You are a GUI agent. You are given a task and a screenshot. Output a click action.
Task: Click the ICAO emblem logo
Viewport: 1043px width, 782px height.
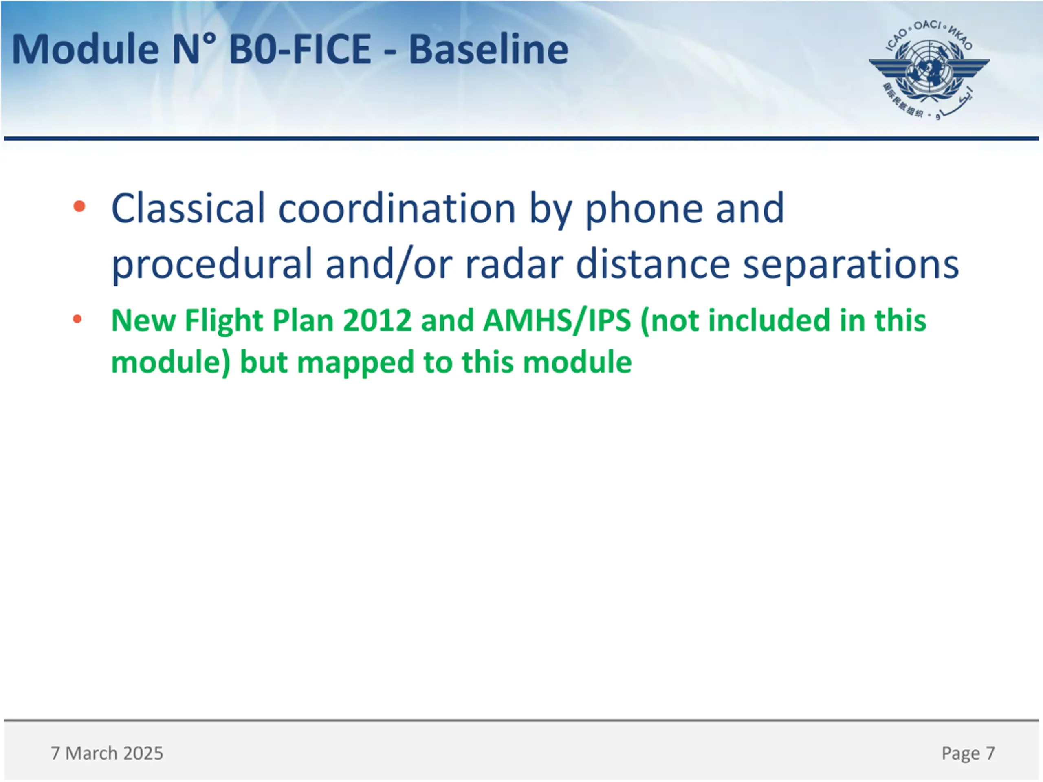pyautogui.click(x=929, y=70)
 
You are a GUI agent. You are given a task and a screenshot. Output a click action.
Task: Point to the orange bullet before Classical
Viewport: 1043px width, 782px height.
pyautogui.click(x=79, y=206)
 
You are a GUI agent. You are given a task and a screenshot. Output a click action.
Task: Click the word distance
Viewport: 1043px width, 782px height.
pyautogui.click(x=653, y=264)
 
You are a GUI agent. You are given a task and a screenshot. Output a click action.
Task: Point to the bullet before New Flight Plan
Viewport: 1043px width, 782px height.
pyautogui.click(x=77, y=320)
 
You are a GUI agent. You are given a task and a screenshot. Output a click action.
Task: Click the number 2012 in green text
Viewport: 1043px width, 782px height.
pyautogui.click(x=377, y=321)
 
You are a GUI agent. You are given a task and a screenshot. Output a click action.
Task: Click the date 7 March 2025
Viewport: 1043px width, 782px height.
pyautogui.click(x=107, y=753)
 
